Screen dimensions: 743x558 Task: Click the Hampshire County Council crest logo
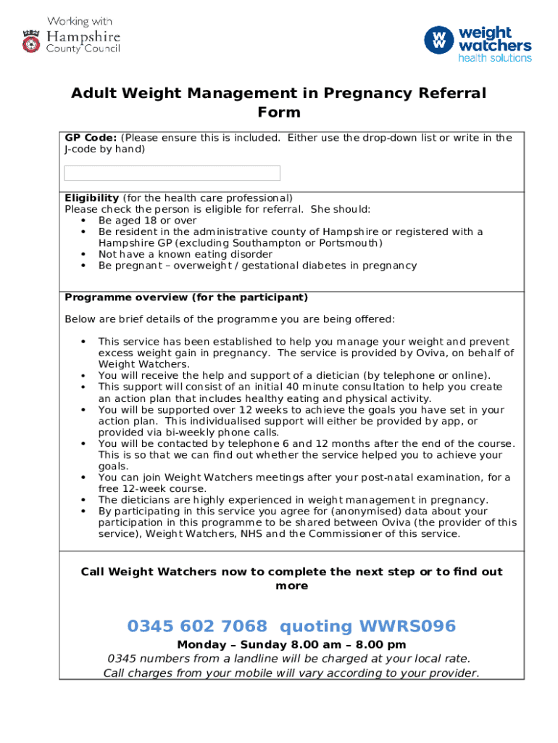coord(31,41)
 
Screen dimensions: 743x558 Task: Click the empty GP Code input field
coord(172,173)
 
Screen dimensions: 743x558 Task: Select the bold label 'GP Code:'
coord(91,138)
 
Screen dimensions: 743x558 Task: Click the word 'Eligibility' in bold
coord(92,198)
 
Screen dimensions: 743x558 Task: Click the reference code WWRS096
coord(409,626)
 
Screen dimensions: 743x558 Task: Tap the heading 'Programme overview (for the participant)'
coord(186,297)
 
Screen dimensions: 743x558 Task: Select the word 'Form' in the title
coord(279,112)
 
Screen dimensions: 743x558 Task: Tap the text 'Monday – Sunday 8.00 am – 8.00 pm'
coord(291,644)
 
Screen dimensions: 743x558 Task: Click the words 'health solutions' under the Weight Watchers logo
coord(495,58)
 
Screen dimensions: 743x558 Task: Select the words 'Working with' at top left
coord(80,21)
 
